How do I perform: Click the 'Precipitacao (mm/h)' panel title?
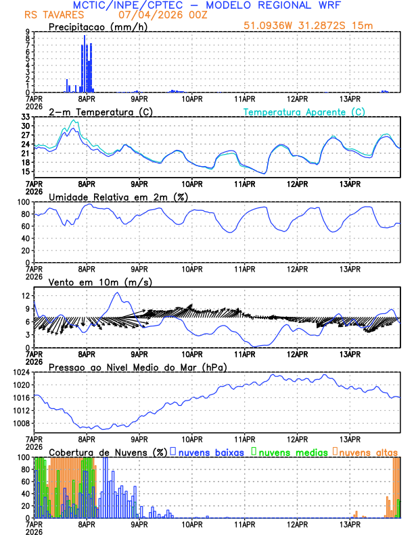point(97,26)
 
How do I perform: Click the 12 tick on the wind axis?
point(26,296)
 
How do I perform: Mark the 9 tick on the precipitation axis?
point(28,32)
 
